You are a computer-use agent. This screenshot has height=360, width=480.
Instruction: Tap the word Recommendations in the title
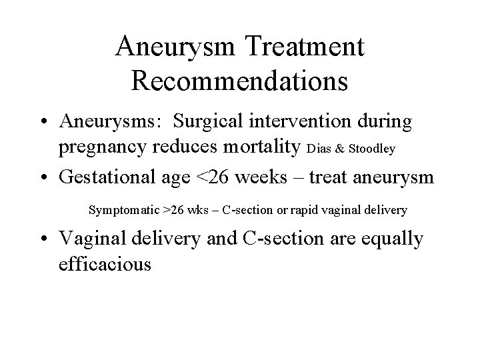[239, 80]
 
